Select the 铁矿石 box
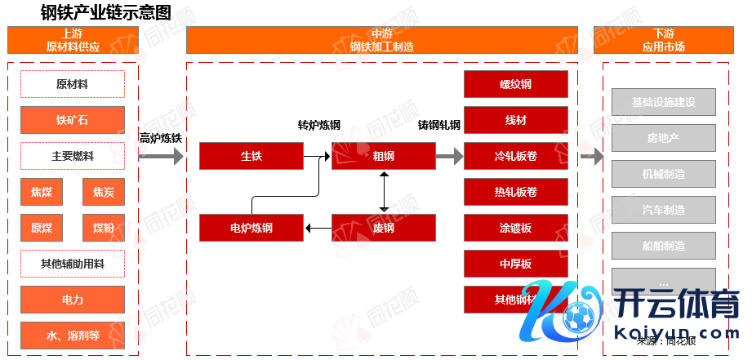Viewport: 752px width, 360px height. pos(73,120)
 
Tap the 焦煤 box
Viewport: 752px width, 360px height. pos(42,192)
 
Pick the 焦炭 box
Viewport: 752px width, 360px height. pos(104,192)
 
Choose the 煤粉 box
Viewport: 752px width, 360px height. pos(104,228)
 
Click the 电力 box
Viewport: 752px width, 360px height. pos(73,300)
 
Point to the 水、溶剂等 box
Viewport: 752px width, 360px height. pos(73,335)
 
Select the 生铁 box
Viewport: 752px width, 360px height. pos(251,156)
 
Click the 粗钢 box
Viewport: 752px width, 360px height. pos(384,156)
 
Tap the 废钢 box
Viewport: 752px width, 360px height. pos(384,228)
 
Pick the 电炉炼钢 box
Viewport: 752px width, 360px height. pos(251,228)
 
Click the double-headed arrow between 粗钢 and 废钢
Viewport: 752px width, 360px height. pos(384,192)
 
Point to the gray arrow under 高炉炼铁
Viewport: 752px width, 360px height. pos(162,157)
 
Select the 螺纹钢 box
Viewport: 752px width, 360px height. pos(516,84)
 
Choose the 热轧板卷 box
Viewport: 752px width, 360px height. pos(516,192)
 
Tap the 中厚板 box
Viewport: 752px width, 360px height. pos(516,263)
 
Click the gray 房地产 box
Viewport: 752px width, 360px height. pos(663,138)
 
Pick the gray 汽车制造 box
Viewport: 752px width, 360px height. pos(663,210)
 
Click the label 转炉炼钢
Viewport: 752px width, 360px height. pos(318,126)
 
